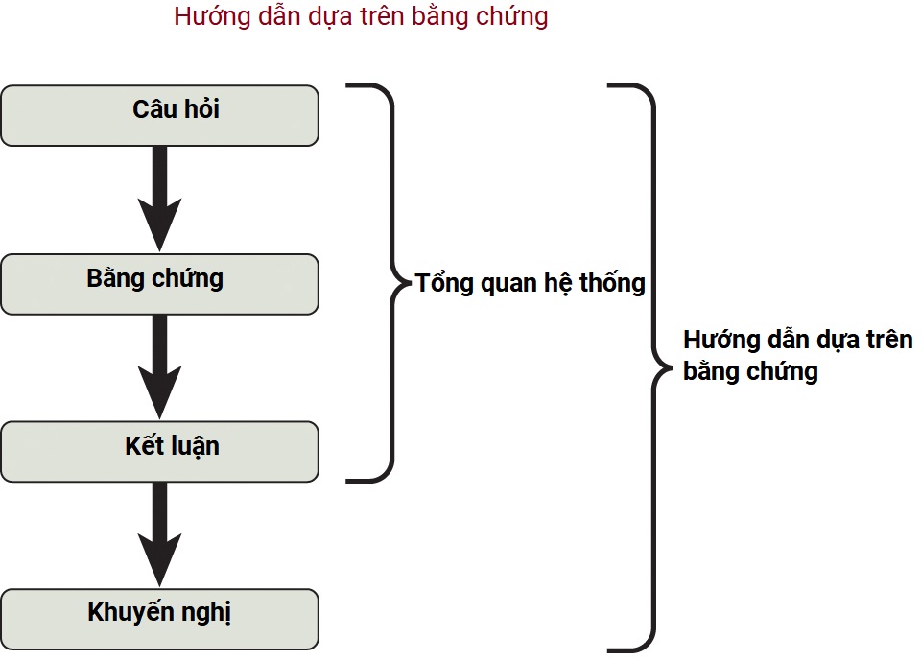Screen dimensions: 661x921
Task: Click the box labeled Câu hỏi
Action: coord(159,115)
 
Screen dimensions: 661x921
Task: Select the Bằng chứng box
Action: coord(159,283)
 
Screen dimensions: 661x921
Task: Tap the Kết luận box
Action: coord(159,451)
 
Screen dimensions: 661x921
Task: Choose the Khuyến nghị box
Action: coord(159,618)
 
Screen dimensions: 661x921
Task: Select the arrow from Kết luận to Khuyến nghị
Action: coord(159,533)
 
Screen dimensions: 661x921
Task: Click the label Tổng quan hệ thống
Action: coord(530,284)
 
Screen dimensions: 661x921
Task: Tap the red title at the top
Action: coord(361,17)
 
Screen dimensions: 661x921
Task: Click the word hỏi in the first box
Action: coord(202,109)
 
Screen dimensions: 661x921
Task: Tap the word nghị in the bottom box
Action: coord(208,614)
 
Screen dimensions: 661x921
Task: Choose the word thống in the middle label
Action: coord(610,284)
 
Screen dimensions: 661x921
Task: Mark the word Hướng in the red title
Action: coord(204,17)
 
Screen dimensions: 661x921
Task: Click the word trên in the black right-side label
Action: coord(885,340)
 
